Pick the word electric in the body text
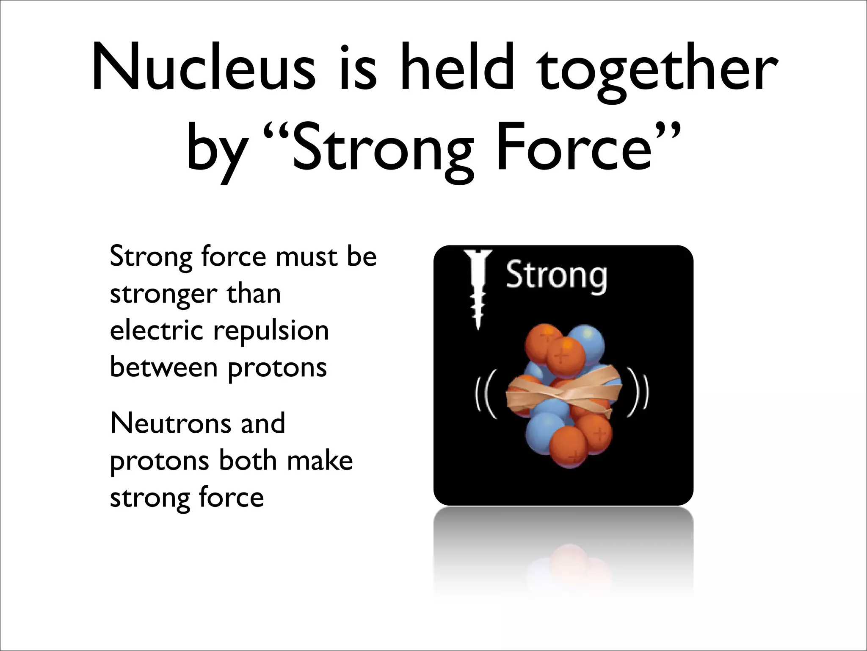pos(156,331)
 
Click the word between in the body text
pos(163,367)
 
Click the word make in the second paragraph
pos(320,460)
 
